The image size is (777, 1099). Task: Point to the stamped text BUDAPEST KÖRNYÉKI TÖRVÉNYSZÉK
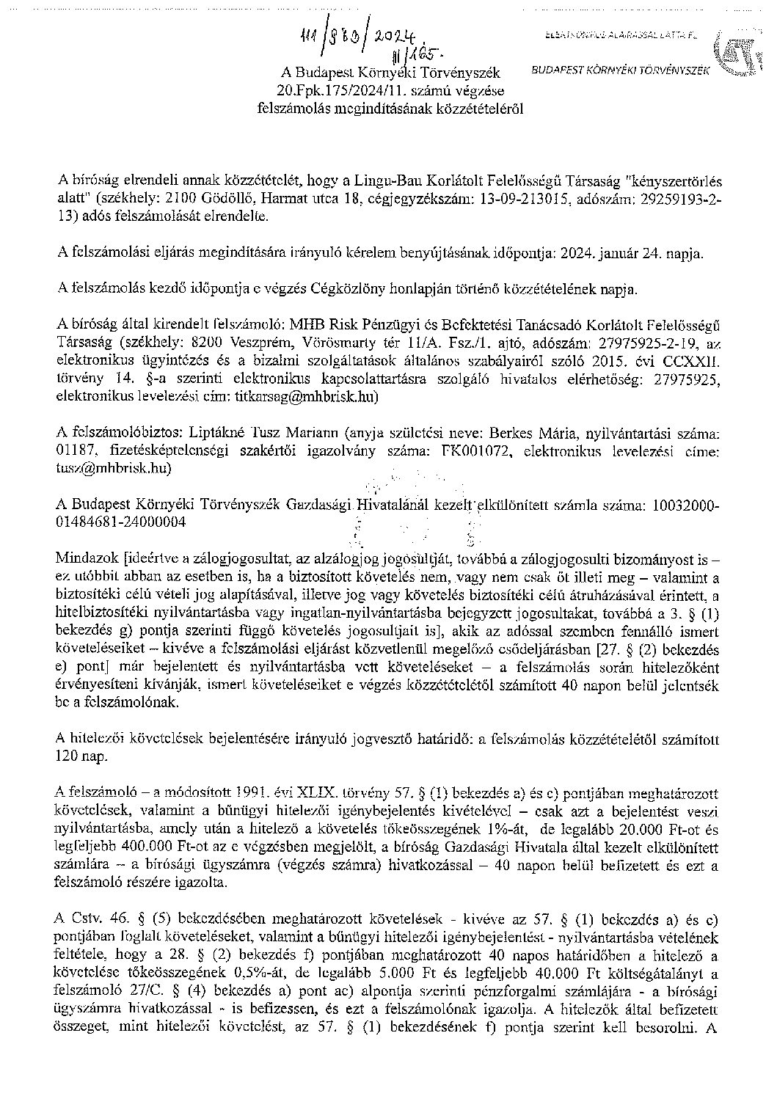[620, 70]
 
